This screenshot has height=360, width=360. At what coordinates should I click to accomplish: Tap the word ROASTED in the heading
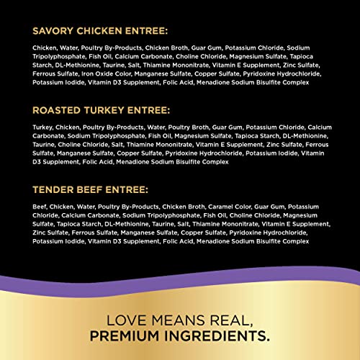[x=56, y=111]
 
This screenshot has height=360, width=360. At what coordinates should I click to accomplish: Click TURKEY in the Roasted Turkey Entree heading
[x=105, y=111]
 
